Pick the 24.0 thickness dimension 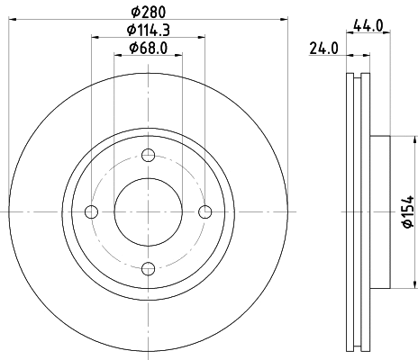(322, 48)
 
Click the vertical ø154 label (407, 211)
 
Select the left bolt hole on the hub (90, 212)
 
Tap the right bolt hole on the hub (205, 212)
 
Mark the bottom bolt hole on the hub (148, 267)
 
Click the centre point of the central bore (148, 212)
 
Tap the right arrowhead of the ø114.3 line (202, 38)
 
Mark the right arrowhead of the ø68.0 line (179, 56)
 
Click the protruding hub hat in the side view (379, 212)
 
